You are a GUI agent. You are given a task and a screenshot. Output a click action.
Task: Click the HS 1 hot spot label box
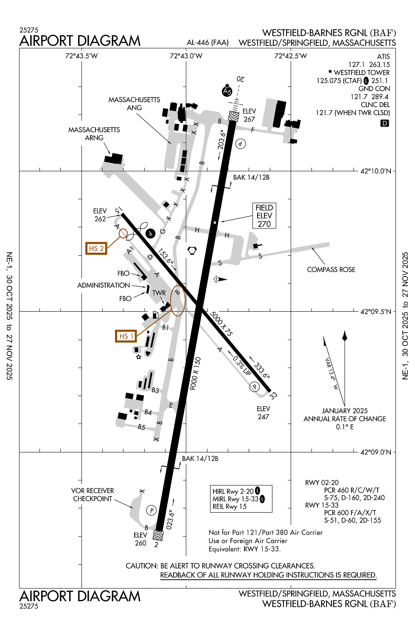(x=126, y=336)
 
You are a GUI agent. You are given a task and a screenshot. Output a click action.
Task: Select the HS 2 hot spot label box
(x=96, y=248)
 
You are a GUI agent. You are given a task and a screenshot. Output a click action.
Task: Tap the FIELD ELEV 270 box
(x=264, y=216)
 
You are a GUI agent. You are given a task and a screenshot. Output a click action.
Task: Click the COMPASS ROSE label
(x=331, y=270)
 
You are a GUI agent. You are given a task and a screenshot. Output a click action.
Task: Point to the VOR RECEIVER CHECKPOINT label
(x=93, y=495)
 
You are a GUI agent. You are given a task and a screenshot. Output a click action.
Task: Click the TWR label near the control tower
(x=159, y=293)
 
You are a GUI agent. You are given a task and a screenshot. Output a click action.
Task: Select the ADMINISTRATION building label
(x=104, y=285)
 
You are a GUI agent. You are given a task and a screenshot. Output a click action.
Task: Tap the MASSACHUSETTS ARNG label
(x=94, y=134)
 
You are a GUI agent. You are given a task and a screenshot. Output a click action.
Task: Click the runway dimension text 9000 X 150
(x=196, y=374)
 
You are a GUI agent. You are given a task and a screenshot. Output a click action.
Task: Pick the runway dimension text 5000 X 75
(x=222, y=324)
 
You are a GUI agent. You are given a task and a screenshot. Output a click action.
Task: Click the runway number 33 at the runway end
(x=273, y=395)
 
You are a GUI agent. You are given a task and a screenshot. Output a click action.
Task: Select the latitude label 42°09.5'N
(x=376, y=312)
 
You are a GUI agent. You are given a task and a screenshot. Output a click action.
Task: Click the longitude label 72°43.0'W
(x=186, y=56)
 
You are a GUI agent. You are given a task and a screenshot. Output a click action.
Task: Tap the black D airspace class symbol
(x=384, y=123)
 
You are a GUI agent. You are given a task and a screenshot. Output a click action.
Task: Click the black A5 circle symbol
(x=227, y=91)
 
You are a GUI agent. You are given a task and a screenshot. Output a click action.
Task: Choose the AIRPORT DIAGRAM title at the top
(x=80, y=41)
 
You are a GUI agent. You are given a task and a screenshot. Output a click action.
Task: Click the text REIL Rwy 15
(x=230, y=507)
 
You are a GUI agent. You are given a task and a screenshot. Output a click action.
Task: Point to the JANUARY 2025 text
(x=345, y=411)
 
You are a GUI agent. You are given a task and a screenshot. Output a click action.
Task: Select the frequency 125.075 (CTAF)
(x=339, y=81)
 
